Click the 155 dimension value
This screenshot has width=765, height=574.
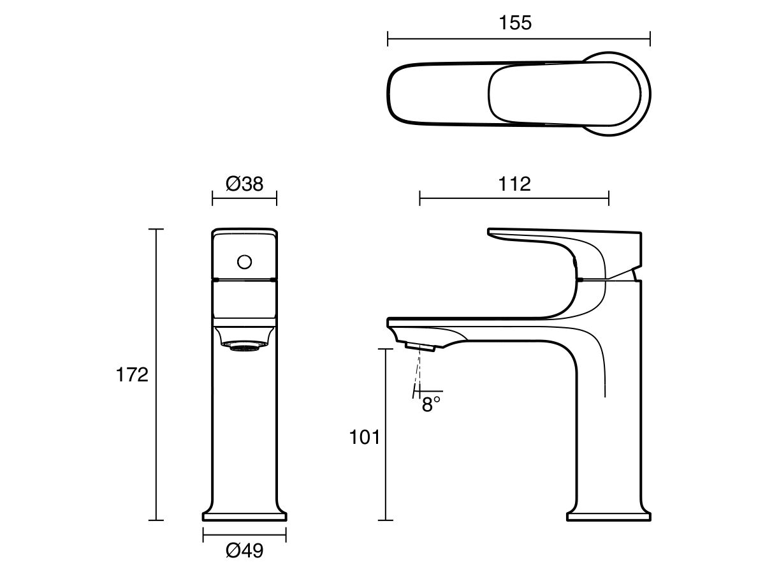(515, 23)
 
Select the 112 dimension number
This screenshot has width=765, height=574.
(515, 184)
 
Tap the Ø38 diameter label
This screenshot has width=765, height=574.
(244, 184)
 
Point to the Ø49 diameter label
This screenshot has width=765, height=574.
(244, 550)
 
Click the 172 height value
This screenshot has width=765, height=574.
(132, 374)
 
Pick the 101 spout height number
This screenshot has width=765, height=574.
(365, 438)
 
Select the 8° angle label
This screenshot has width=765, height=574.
(432, 405)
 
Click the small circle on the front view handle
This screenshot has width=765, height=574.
(244, 261)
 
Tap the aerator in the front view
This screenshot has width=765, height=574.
(244, 346)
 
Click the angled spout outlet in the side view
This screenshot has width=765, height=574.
(419, 346)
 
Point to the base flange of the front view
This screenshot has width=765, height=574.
(244, 515)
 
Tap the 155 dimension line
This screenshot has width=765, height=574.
(446, 40)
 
